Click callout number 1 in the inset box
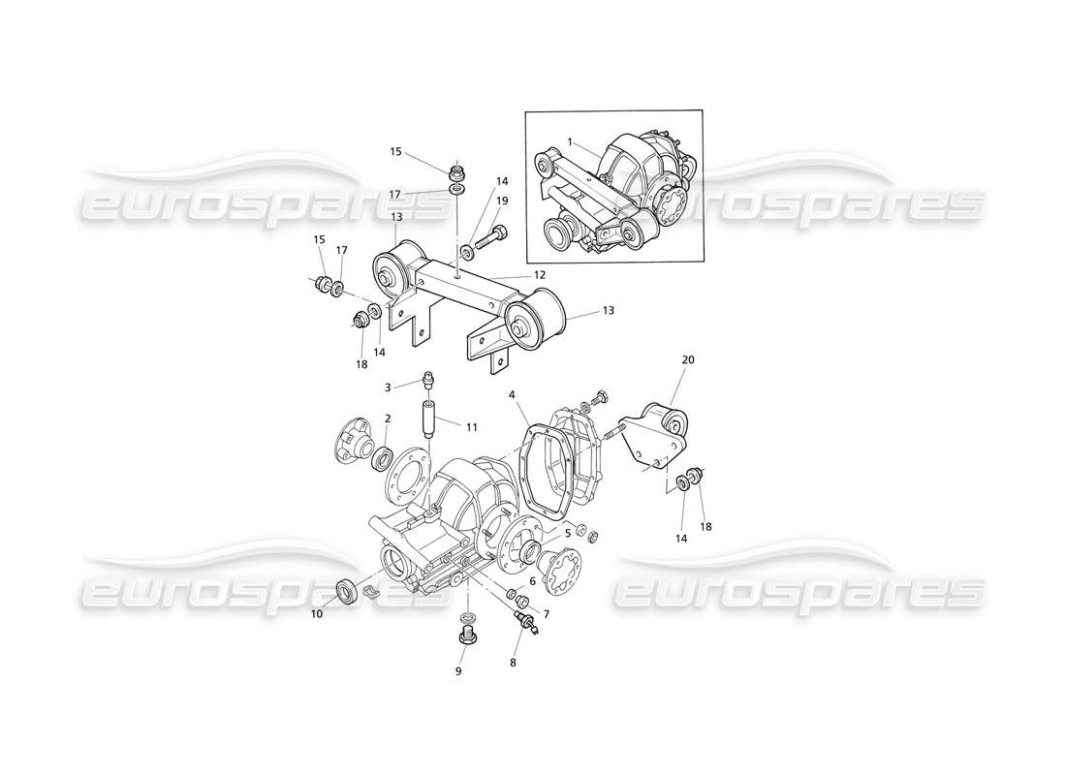click(570, 141)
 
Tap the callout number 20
click(688, 359)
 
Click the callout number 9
click(459, 670)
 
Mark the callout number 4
click(512, 395)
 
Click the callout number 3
click(388, 387)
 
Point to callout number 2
click(388, 418)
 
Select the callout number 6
click(532, 581)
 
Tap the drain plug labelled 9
click(466, 636)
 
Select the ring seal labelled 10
click(345, 591)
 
